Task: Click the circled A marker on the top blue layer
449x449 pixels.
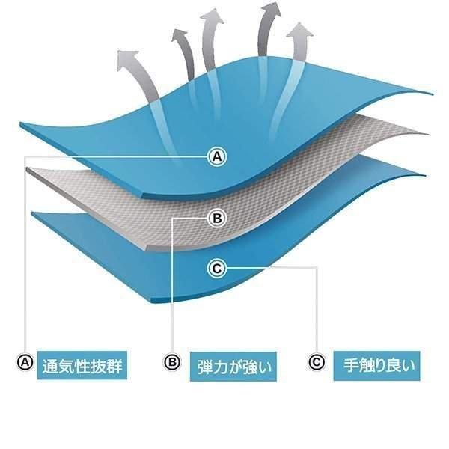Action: click(217, 156)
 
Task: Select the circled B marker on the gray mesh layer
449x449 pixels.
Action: click(217, 219)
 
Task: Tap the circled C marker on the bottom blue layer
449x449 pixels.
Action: click(217, 269)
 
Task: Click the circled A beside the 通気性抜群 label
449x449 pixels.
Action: click(25, 362)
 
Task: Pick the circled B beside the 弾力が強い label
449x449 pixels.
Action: click(172, 362)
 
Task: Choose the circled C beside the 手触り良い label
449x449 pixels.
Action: click(317, 362)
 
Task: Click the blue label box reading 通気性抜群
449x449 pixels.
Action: click(82, 365)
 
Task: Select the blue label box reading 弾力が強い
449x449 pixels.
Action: click(233, 367)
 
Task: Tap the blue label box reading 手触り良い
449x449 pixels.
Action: click(377, 366)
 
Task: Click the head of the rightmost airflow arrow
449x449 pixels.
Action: click(299, 31)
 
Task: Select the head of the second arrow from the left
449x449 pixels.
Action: click(180, 36)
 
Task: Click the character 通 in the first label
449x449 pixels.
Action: click(50, 366)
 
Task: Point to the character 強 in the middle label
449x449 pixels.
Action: click(251, 367)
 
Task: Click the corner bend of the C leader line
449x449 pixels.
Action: click(317, 268)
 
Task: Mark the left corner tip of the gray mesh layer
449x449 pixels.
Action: click(27, 168)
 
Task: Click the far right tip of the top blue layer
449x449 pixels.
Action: click(433, 94)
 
